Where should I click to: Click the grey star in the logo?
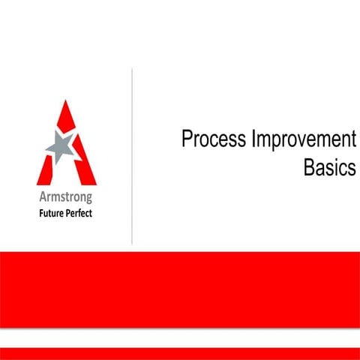click(x=61, y=146)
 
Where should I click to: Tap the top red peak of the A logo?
click(x=67, y=112)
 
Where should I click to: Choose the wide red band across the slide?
click(x=180, y=289)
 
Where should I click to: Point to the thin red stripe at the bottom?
click(x=180, y=353)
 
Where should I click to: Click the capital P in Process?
click(x=187, y=140)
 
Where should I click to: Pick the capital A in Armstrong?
click(x=42, y=198)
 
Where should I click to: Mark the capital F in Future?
click(x=42, y=211)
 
